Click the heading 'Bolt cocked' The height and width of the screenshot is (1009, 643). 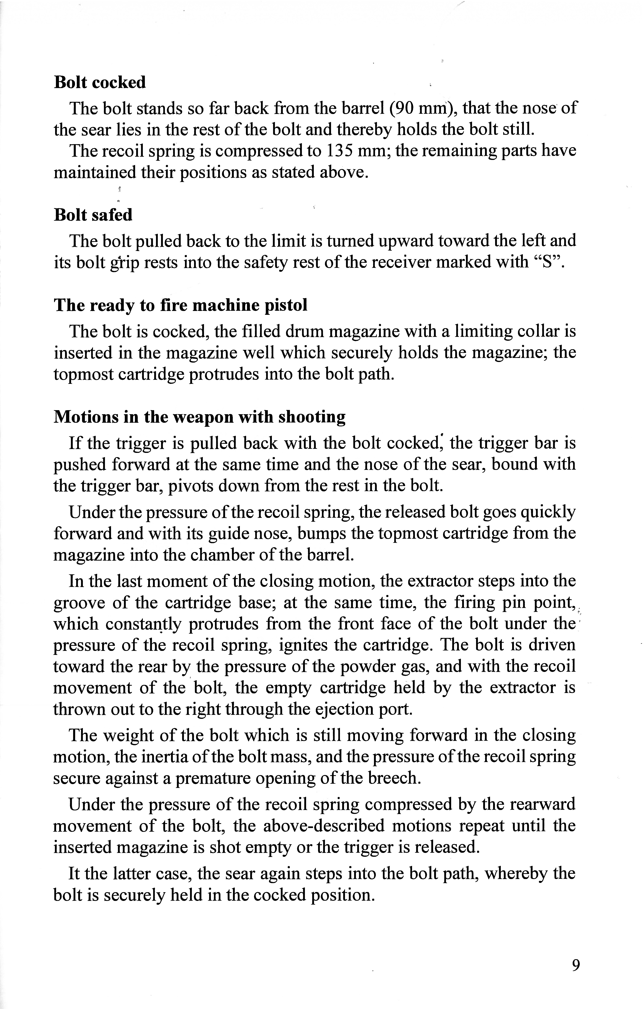coord(100,83)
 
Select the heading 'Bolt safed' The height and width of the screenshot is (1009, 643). coord(93,215)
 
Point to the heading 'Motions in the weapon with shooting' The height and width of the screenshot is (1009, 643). coord(200,417)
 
